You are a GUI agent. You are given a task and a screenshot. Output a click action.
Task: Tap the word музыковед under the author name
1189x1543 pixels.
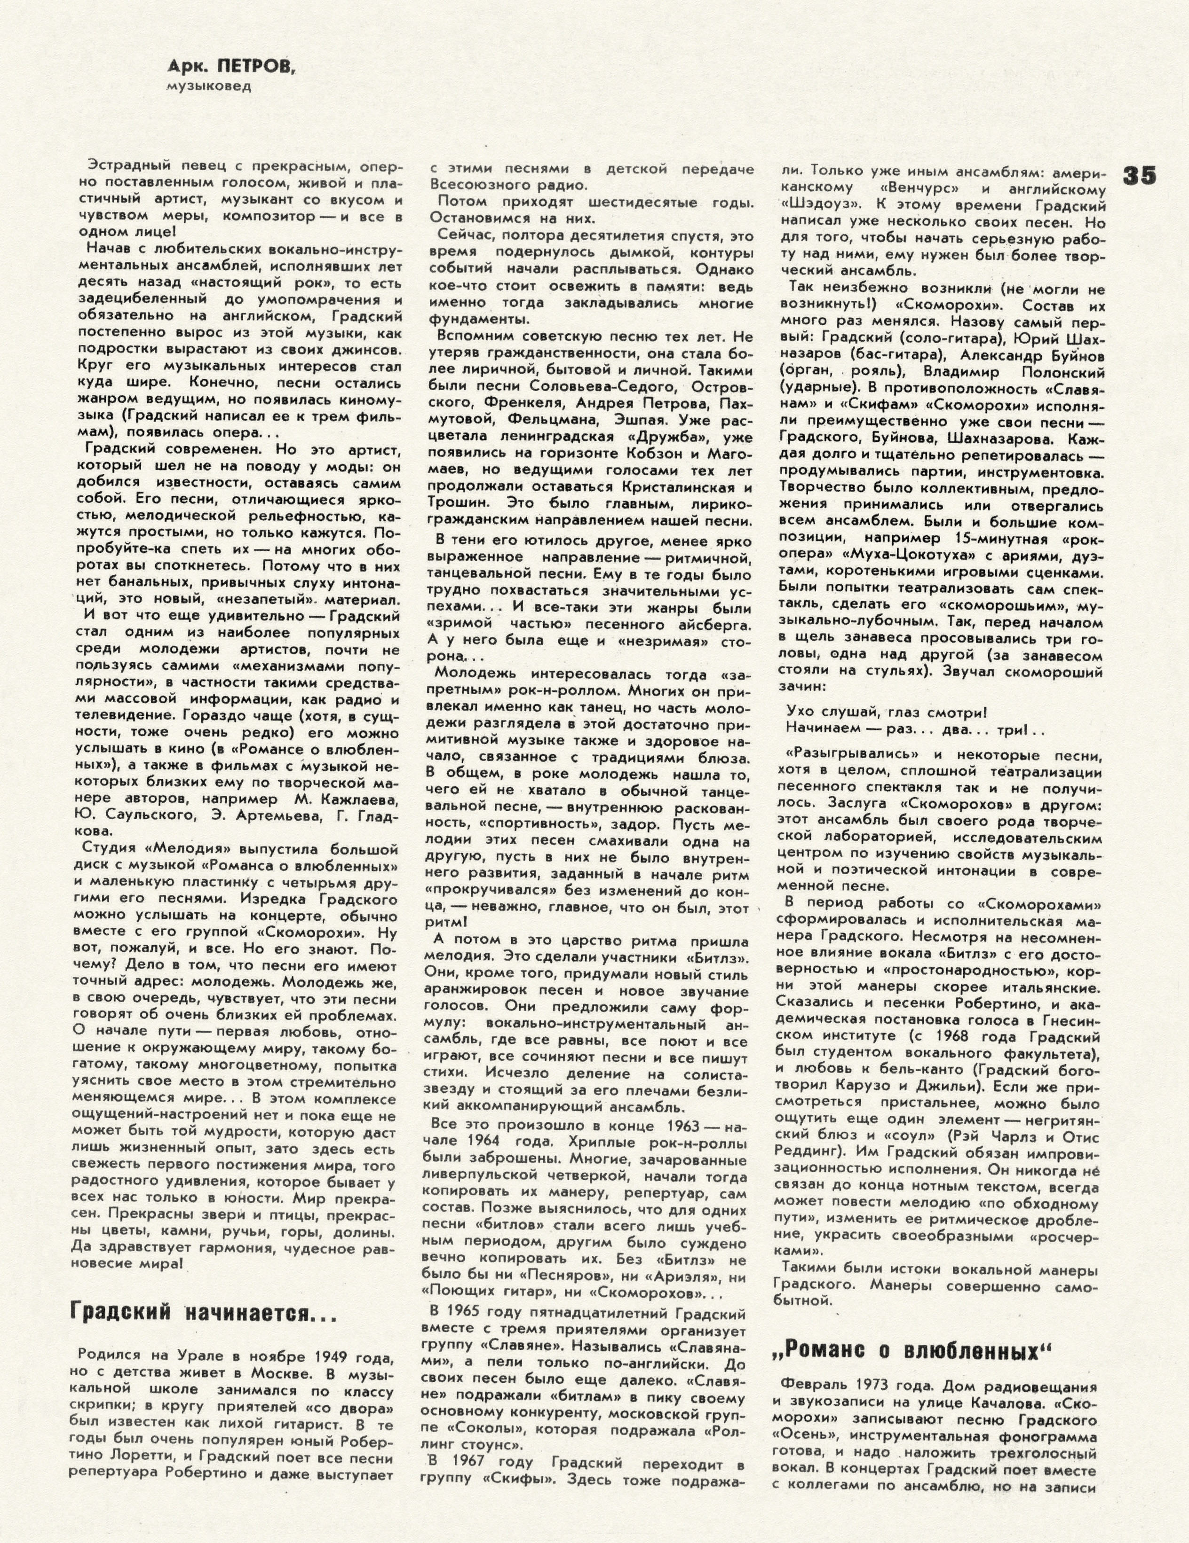coord(208,86)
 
